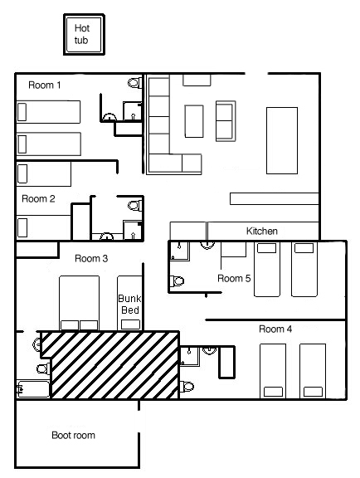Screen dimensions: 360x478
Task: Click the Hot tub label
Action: tap(81, 34)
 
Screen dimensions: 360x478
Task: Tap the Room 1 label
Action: tap(45, 85)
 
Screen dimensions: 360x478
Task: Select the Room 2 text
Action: tap(38, 199)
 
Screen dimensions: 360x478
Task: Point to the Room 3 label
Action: tap(91, 259)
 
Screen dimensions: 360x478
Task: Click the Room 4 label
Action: tap(275, 329)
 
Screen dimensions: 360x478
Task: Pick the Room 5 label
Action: tap(234, 278)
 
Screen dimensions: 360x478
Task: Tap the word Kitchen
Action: tap(262, 231)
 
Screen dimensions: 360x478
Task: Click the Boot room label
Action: tap(74, 435)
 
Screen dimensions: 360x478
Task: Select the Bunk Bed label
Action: tap(130, 305)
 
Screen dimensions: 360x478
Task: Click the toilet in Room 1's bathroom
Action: tap(134, 83)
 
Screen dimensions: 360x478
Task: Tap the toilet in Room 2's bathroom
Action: tap(135, 205)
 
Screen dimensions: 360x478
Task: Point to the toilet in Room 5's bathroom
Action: tap(177, 280)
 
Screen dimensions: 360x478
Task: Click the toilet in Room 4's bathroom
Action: tap(187, 387)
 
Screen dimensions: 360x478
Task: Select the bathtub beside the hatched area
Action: tap(33, 389)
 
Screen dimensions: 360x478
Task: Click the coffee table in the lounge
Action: tap(194, 121)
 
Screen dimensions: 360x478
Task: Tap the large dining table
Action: tap(282, 140)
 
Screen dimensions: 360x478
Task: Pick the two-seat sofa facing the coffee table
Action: tap(226, 121)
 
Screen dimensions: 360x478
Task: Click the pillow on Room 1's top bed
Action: tap(22, 112)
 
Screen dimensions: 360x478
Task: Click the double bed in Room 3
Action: tap(80, 303)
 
